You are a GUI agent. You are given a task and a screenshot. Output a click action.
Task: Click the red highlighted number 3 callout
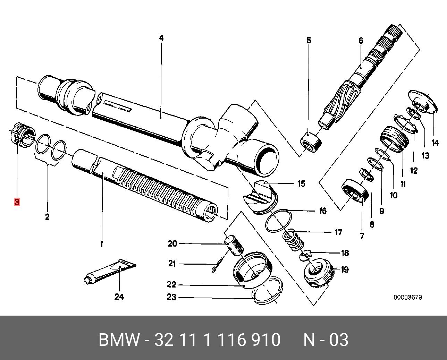pos(17,202)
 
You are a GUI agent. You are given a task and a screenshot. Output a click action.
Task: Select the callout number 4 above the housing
pos(161,38)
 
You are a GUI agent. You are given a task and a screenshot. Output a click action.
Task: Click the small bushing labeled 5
pos(310,142)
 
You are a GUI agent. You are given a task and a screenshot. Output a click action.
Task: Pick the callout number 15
pos(301,183)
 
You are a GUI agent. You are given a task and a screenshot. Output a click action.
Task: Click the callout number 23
pos(171,297)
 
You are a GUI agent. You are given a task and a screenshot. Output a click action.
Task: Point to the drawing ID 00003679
pos(407,297)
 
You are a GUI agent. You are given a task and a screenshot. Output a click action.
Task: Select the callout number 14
pos(435,143)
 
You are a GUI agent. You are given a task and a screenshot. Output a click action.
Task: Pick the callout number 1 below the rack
pos(102,244)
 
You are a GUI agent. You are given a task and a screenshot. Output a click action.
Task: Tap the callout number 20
pos(172,244)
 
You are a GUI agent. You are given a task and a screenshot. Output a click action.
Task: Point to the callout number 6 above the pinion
pos(361,41)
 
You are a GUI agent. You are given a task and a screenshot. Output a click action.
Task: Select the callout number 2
pos(47,217)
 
